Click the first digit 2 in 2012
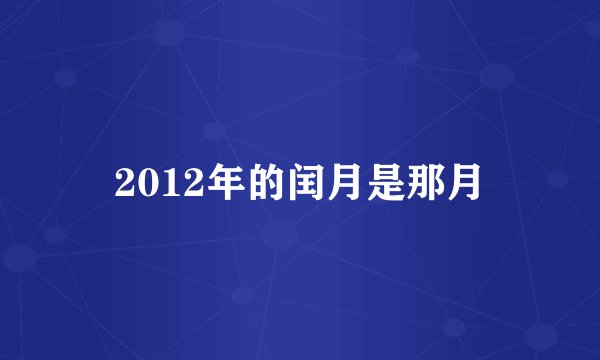click(123, 183)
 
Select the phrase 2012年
click(169, 183)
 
